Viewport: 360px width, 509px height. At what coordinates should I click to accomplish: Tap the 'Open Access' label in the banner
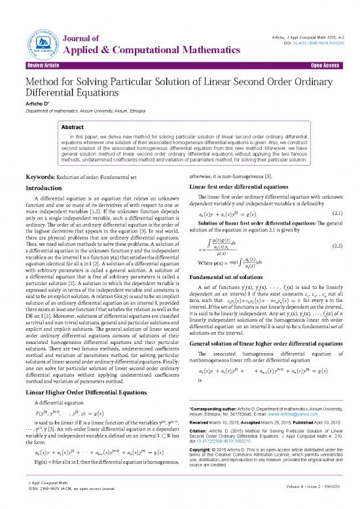coord(330,66)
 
